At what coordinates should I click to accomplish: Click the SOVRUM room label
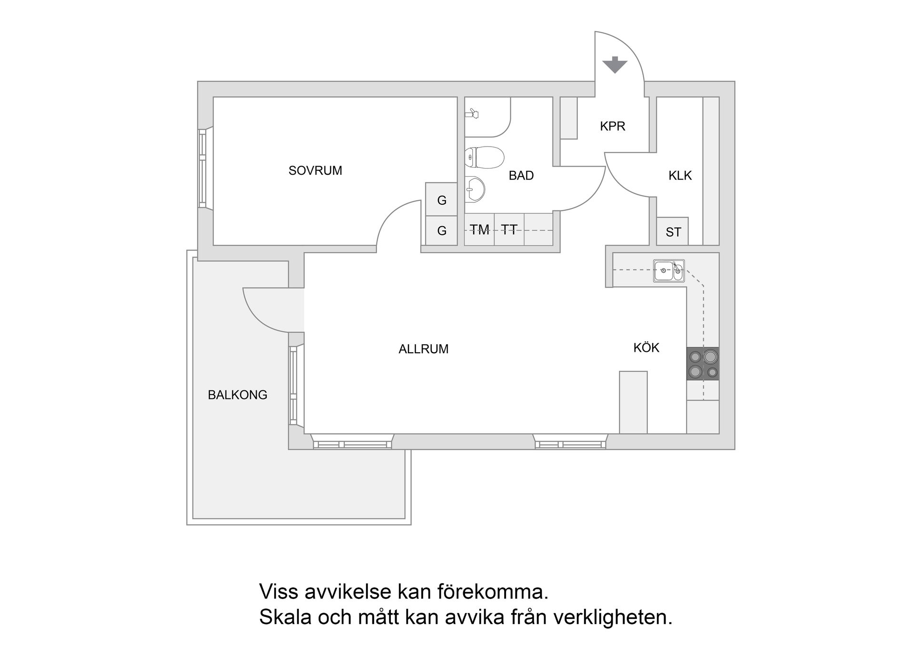(x=315, y=170)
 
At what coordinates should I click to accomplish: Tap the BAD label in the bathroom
(x=521, y=176)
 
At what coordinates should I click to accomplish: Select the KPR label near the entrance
(x=612, y=126)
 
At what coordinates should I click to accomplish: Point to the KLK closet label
(x=680, y=176)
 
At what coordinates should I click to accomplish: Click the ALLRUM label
(x=423, y=349)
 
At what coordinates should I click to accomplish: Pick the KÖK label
(x=646, y=348)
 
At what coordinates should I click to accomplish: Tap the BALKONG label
(x=237, y=395)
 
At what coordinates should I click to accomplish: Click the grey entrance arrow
(x=615, y=65)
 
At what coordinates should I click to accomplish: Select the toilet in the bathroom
(x=484, y=157)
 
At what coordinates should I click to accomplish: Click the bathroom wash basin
(x=474, y=189)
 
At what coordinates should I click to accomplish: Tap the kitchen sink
(x=668, y=271)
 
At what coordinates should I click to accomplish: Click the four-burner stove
(x=703, y=364)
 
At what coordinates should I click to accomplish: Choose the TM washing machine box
(x=479, y=230)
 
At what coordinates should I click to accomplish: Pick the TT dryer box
(x=509, y=230)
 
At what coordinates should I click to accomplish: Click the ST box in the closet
(x=673, y=232)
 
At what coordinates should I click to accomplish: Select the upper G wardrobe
(x=441, y=200)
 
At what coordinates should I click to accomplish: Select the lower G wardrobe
(x=441, y=231)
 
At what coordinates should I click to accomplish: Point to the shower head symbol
(x=472, y=113)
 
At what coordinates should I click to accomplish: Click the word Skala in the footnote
(x=284, y=617)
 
